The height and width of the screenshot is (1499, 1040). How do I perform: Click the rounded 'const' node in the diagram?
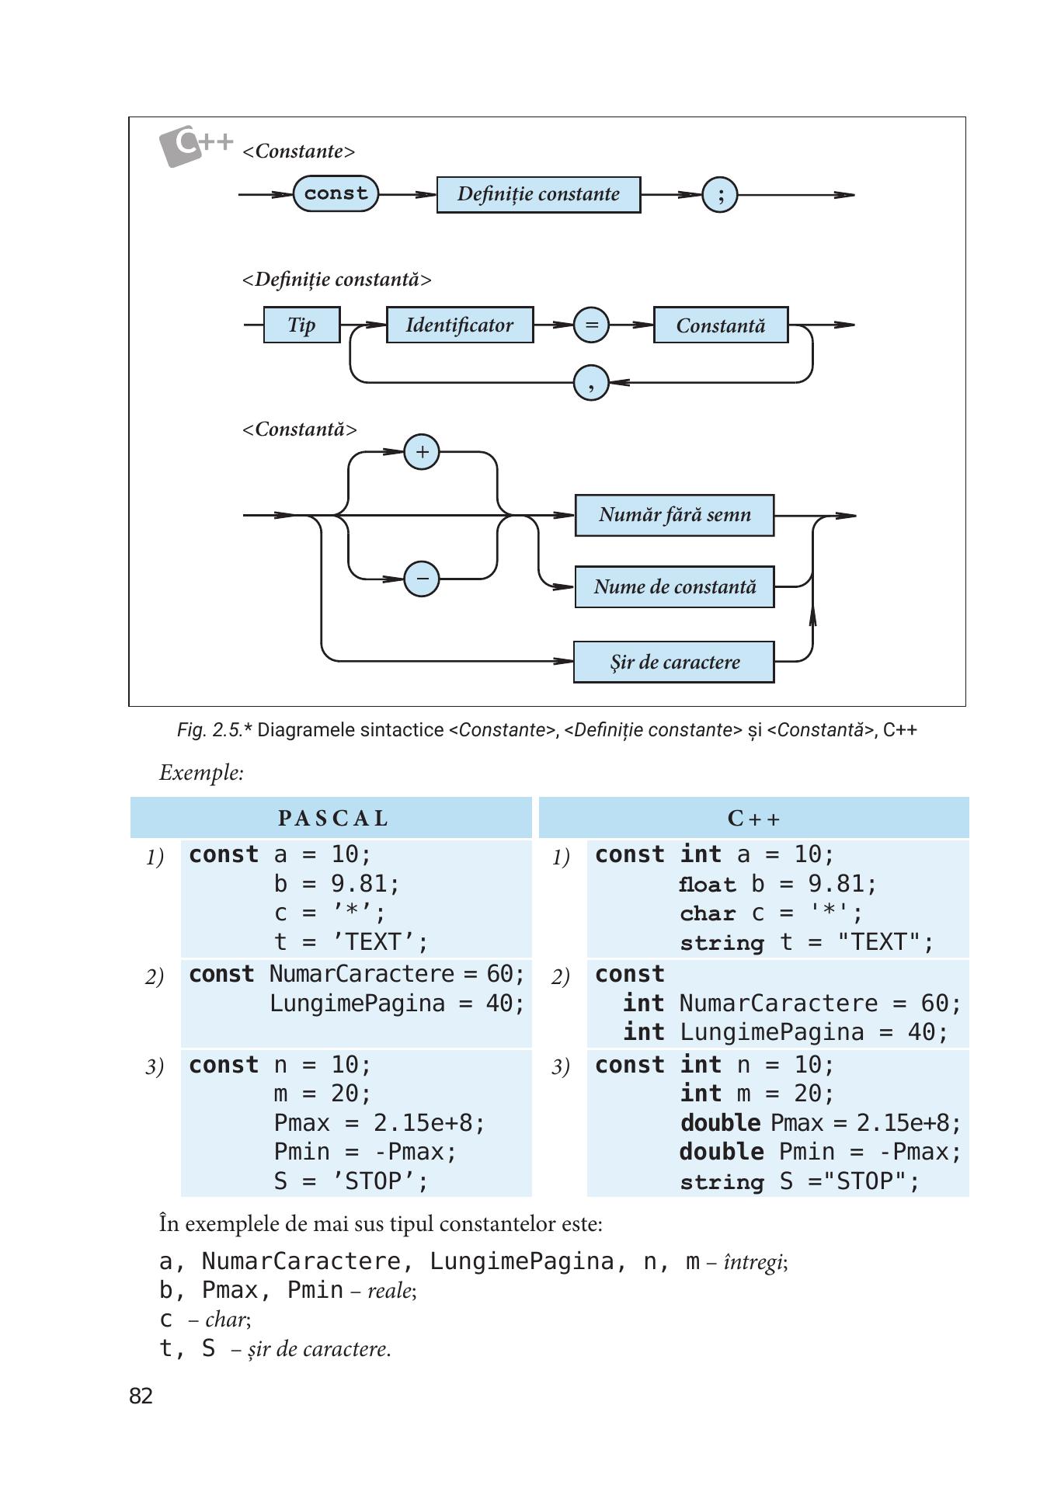336,193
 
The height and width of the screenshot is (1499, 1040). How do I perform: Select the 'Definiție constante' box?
538,194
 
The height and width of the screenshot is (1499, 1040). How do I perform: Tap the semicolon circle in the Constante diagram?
720,194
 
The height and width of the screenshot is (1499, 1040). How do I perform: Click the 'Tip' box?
301,325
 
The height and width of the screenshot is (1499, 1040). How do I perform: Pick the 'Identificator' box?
460,325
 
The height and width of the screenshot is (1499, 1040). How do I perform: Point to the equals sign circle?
591,325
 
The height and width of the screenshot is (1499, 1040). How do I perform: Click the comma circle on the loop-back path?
591,382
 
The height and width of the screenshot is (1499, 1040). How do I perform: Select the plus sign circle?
422,452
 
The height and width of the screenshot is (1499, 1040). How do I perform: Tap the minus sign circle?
422,579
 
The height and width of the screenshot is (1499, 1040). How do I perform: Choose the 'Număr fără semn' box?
674,515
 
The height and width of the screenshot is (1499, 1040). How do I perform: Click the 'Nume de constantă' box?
674,586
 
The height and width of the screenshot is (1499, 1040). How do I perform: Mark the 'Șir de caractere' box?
673,662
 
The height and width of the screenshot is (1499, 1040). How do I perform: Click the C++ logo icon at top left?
196,145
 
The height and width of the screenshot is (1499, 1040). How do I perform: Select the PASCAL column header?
332,819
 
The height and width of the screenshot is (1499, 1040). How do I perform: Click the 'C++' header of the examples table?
753,819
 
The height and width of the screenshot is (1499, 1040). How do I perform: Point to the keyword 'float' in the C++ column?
707,885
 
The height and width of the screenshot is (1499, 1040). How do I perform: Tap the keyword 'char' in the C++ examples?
708,913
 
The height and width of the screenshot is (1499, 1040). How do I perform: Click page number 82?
141,1396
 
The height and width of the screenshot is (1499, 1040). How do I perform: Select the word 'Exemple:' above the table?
201,773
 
